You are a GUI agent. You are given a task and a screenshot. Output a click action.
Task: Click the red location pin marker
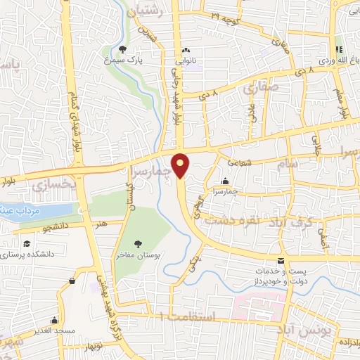pos(182,165)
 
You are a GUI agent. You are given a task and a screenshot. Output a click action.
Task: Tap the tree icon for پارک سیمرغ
pos(124,49)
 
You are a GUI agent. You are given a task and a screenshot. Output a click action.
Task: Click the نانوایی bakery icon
pos(186,51)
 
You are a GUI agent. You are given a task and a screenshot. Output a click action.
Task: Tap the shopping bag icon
pos(71,282)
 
